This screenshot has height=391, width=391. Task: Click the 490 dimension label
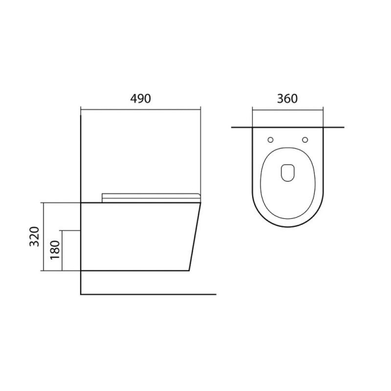(x=140, y=99)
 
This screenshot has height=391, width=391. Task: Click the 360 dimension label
(x=287, y=99)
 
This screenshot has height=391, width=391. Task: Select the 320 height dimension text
(x=34, y=237)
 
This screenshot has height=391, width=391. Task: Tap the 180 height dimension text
(x=55, y=250)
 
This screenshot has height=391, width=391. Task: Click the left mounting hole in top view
(x=270, y=140)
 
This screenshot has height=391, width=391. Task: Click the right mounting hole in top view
(x=305, y=140)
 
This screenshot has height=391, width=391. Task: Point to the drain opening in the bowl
(x=288, y=173)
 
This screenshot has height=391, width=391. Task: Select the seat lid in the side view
(x=151, y=198)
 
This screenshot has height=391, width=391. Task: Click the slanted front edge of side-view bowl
(x=195, y=237)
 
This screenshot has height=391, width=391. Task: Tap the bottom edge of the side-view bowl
(x=135, y=271)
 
